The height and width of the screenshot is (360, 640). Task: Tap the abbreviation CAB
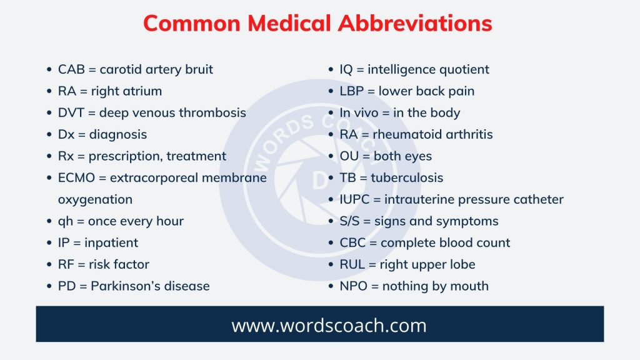72,69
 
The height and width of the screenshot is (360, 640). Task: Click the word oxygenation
95,199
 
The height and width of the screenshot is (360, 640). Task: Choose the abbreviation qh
65,221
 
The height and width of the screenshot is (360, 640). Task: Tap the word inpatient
111,242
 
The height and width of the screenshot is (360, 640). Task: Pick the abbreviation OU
349,156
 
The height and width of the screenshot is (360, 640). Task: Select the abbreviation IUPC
355,199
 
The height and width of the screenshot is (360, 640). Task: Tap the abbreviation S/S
350,221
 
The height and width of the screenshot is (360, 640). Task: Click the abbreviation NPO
354,286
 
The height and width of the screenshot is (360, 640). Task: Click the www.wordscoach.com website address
320,325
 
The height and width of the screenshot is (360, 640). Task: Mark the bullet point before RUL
331,264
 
